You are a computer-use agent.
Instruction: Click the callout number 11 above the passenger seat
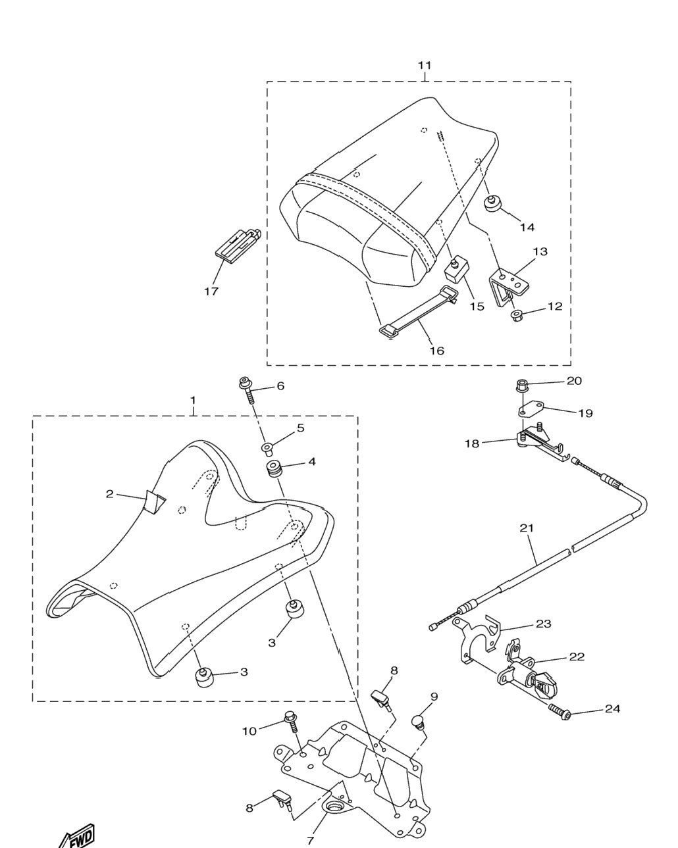click(x=425, y=65)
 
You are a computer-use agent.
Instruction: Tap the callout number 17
click(x=211, y=291)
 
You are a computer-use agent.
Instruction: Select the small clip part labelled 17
click(x=238, y=243)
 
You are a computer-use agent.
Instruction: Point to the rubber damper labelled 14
click(x=492, y=203)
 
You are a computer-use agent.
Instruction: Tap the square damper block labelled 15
click(x=456, y=269)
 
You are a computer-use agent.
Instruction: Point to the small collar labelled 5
click(x=268, y=447)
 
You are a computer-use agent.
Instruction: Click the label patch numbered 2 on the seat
click(x=154, y=501)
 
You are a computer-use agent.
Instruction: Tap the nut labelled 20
click(x=522, y=385)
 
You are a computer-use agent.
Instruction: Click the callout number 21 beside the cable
click(x=527, y=528)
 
